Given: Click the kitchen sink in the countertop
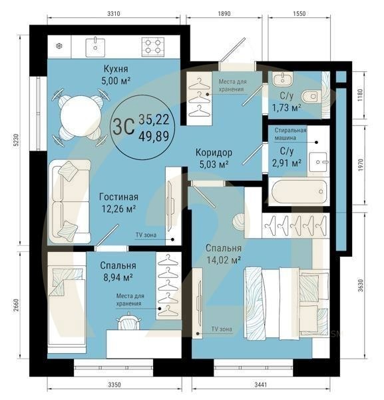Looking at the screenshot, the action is tap(95, 47).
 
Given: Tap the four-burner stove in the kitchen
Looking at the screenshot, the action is tap(152, 47).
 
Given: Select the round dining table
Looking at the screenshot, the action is tap(80, 116).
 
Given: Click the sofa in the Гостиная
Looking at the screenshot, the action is tap(71, 201).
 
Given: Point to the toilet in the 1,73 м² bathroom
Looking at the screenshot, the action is tap(311, 97).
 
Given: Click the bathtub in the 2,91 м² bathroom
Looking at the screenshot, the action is tap(297, 191).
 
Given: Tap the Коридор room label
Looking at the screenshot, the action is tap(214, 153).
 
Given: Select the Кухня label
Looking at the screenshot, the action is tap(116, 69).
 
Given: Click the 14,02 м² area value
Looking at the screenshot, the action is tap(224, 260).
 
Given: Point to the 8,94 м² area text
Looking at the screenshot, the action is tap(118, 277).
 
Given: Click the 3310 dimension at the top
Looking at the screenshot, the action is tap(114, 13).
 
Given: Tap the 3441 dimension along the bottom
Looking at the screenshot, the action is tap(261, 385).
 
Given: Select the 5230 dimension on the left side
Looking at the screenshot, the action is tap(17, 140).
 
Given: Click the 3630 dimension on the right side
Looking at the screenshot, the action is tap(360, 285).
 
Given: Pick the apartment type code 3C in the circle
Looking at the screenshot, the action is tap(124, 127).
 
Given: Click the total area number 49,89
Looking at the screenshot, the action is tap(154, 136).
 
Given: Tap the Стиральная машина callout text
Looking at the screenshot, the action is tap(290, 134).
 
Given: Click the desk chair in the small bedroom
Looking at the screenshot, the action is tap(128, 322).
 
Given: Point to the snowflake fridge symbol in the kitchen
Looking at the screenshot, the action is tap(59, 47).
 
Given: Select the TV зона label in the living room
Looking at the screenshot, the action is tap(146, 235).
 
